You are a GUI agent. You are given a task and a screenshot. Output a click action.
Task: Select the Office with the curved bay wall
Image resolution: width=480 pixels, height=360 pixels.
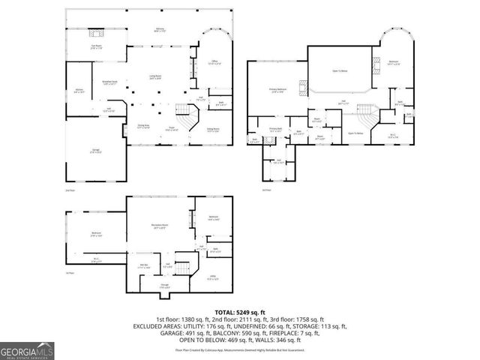point(213,63)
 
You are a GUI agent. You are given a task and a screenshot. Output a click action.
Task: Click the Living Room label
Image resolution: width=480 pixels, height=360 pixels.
point(155,77)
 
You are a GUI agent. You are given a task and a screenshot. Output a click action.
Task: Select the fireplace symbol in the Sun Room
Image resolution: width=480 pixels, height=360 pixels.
point(95,33)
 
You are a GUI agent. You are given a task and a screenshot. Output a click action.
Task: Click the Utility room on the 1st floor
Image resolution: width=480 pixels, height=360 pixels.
point(213,277)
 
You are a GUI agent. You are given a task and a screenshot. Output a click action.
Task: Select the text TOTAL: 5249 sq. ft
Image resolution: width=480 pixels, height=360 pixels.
point(239,311)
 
